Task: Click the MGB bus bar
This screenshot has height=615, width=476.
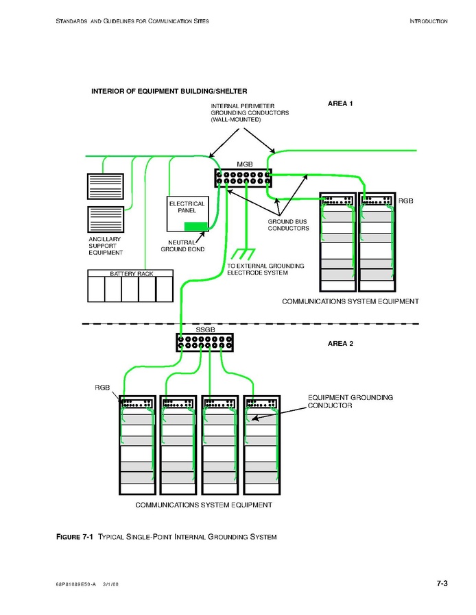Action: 243,179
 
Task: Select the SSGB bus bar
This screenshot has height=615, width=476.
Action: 204,342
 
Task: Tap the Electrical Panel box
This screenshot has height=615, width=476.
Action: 187,214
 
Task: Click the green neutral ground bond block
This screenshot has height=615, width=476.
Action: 196,225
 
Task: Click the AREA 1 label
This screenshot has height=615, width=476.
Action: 341,103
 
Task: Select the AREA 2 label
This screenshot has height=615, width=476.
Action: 341,343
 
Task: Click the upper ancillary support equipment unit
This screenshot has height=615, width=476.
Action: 105,186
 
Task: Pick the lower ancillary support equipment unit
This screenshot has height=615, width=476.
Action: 105,219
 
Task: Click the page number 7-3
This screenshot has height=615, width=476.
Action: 442,583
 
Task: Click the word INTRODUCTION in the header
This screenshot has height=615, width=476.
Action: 429,21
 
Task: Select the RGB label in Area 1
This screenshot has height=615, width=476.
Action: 406,201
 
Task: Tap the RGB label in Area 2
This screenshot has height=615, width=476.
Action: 102,388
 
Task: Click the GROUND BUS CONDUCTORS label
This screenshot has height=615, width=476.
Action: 288,225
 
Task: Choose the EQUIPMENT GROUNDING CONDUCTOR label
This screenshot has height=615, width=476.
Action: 350,401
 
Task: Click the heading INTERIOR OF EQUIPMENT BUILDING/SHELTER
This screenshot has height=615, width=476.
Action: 169,91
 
